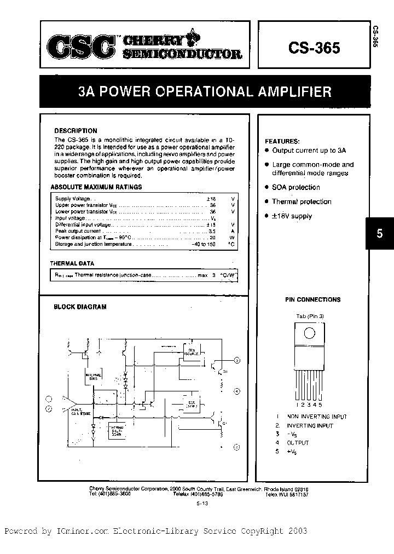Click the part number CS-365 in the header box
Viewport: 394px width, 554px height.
[314, 48]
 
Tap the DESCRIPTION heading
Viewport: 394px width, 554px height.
[76, 131]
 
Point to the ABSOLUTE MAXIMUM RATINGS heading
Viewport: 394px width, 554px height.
[96, 187]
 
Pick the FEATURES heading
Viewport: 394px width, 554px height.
[282, 141]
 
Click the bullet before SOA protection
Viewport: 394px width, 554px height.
[266, 187]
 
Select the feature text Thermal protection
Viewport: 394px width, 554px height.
[302, 201]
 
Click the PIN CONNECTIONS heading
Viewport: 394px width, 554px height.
[312, 299]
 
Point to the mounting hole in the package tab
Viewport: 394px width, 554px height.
[309, 333]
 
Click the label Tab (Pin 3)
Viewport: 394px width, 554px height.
[310, 316]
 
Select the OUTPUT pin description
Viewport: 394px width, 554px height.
[298, 442]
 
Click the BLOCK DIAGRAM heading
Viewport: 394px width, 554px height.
[80, 307]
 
